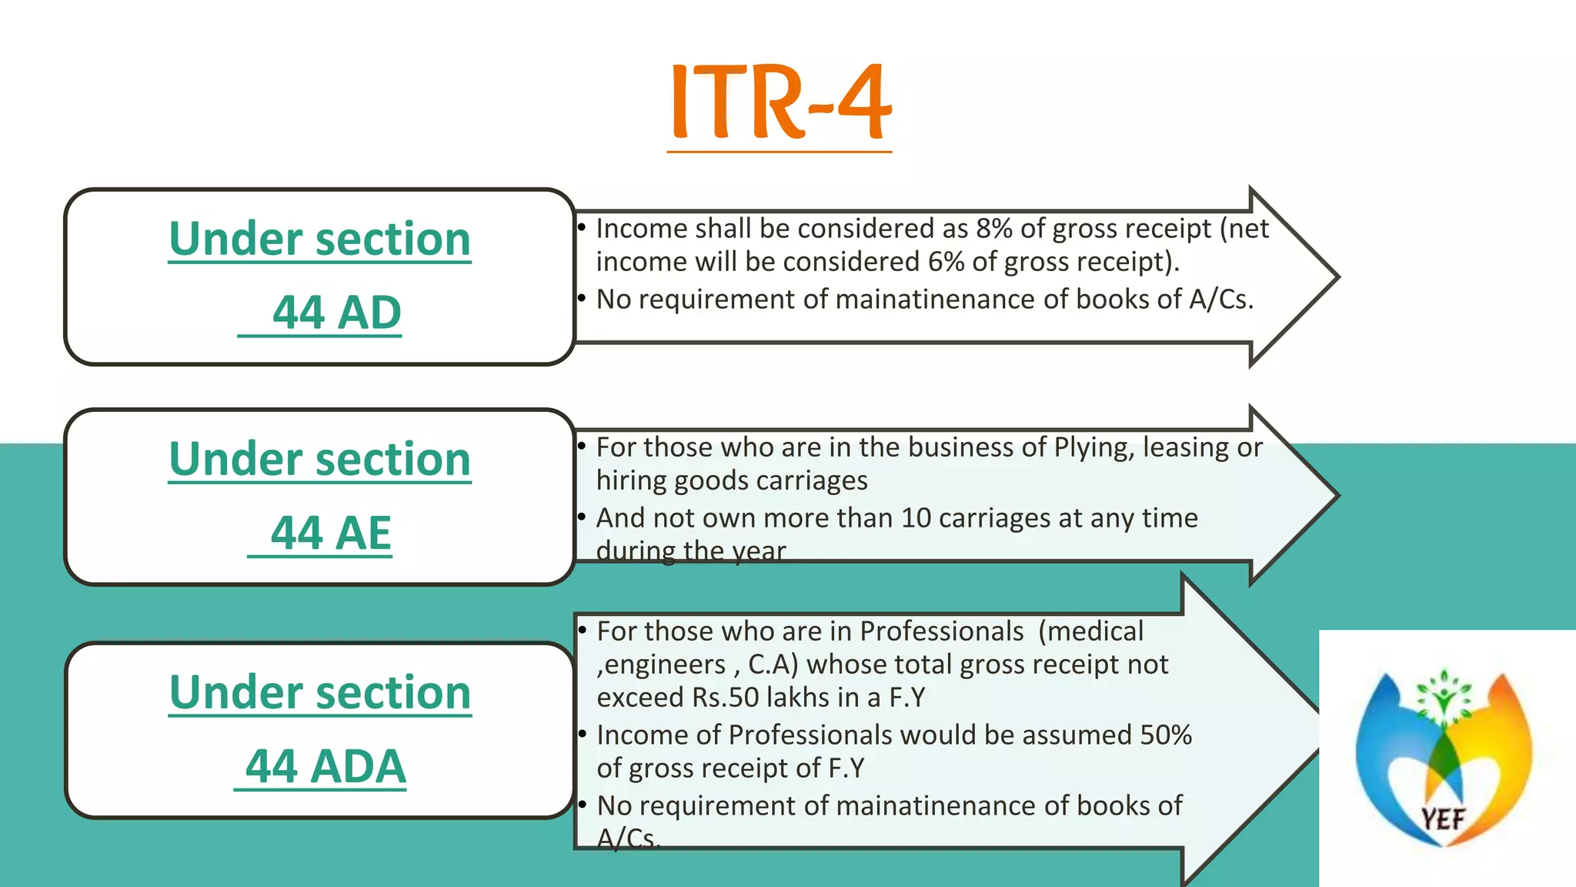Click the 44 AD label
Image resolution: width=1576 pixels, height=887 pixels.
[x=336, y=313]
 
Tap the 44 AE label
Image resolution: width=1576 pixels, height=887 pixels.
[x=331, y=533]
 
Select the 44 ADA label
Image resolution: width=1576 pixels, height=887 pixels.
[x=325, y=766]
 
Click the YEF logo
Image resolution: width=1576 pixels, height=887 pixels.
[x=1444, y=758]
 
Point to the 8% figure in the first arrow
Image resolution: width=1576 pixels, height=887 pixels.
[x=994, y=229]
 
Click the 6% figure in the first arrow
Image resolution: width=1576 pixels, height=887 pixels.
[x=946, y=262]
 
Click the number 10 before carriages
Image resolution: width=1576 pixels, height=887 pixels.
[x=916, y=518]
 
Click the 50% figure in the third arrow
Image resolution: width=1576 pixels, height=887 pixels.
[x=1165, y=735]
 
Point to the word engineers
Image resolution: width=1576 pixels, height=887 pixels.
[x=664, y=664]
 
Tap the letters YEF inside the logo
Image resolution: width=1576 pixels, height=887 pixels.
[x=1443, y=819]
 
